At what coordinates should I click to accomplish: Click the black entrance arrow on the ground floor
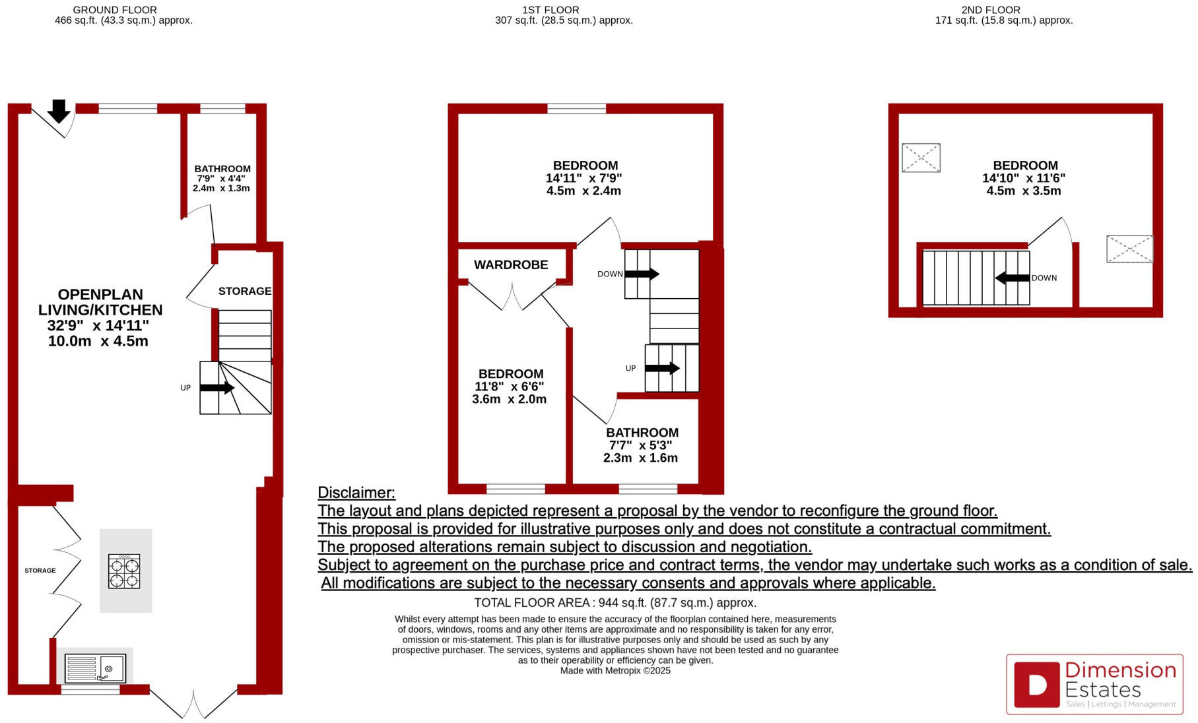(x=59, y=111)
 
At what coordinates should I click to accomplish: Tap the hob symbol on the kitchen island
(x=124, y=572)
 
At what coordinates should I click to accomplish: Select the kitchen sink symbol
(x=95, y=668)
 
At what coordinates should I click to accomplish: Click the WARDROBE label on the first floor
(x=511, y=265)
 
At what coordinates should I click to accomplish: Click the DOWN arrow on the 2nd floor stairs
(x=1012, y=278)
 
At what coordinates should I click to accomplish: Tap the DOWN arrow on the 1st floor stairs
(x=642, y=274)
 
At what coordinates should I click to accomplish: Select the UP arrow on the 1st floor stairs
(x=662, y=368)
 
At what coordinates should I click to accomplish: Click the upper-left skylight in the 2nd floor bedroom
(x=921, y=158)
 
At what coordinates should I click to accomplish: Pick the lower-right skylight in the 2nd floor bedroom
(x=1129, y=249)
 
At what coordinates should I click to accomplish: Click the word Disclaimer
(x=356, y=493)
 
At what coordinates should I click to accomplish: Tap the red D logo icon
(x=1036, y=684)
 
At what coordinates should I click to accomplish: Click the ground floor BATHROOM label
(x=222, y=169)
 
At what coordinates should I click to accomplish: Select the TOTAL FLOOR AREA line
(x=615, y=603)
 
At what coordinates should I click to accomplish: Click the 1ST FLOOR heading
(x=550, y=10)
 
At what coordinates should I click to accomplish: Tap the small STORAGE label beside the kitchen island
(x=40, y=571)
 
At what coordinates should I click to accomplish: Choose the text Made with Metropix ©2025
(x=615, y=671)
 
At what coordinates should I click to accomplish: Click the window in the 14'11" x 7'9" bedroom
(x=576, y=109)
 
